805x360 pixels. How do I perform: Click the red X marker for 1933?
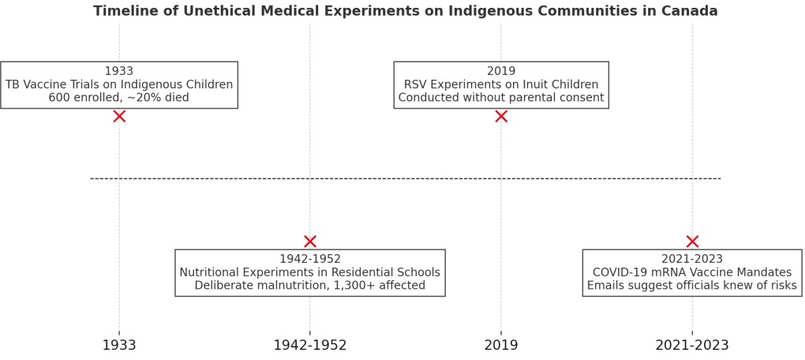pos(119,116)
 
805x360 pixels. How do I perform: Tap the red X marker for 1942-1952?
pos(310,242)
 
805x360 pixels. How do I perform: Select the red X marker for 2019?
pos(501,116)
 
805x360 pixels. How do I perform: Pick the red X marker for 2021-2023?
pos(692,242)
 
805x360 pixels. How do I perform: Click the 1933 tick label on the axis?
pos(119,345)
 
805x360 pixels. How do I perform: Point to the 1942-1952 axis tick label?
pos(310,345)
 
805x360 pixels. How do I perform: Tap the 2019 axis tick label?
pos(501,345)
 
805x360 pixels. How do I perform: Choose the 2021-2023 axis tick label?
pos(692,345)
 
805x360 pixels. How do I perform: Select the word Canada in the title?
pos(691,11)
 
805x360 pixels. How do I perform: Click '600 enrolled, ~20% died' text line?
pos(119,98)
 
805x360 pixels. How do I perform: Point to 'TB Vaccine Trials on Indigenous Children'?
pos(119,84)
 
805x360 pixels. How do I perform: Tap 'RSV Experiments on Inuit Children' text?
pos(501,84)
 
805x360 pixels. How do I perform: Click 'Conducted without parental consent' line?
pos(501,98)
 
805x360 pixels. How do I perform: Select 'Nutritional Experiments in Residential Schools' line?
pos(310,272)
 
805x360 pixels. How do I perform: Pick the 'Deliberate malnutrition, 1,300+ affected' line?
pos(310,286)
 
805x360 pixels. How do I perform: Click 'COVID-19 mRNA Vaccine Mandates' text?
pos(692,272)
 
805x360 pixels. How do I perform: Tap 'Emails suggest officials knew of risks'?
pos(692,286)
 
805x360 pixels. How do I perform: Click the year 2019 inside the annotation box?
pos(501,71)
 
